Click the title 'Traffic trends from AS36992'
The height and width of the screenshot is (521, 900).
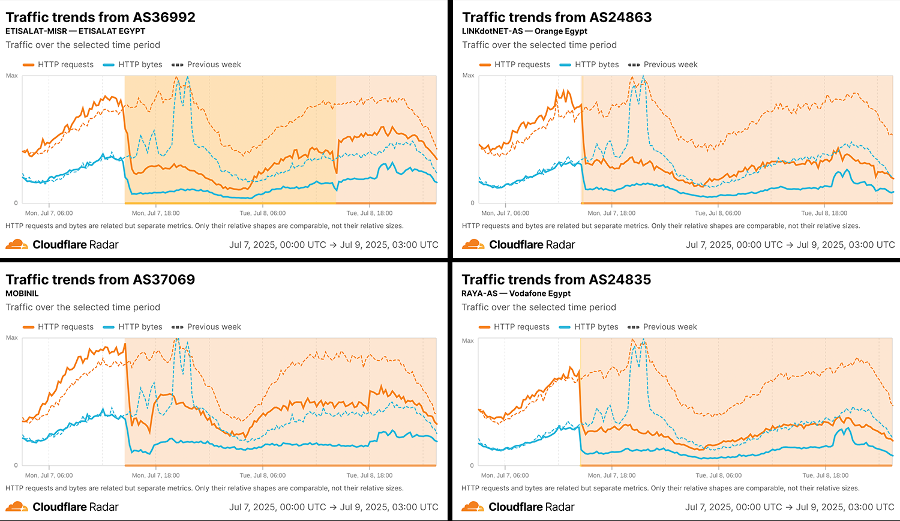point(100,17)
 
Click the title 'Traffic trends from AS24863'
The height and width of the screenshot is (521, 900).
point(557,17)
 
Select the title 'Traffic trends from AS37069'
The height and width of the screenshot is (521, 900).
point(100,280)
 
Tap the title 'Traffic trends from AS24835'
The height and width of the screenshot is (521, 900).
point(556,280)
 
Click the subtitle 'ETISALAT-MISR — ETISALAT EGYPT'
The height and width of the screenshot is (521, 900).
point(76,31)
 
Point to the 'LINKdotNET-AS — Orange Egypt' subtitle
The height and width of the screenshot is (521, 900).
point(524,31)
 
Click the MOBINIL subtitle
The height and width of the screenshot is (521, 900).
point(22,294)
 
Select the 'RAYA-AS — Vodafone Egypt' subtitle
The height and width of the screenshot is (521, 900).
point(516,294)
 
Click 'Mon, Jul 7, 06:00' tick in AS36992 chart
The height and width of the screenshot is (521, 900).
point(49,213)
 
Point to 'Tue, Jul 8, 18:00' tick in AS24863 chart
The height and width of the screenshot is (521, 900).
point(824,213)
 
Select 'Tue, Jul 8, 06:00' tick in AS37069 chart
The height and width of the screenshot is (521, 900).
point(262,475)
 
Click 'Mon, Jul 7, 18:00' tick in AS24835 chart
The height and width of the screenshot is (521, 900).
point(611,475)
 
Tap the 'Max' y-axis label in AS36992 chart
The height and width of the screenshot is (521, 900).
point(12,76)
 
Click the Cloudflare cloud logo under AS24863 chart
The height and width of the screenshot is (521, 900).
point(473,244)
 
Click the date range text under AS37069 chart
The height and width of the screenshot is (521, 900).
point(334,507)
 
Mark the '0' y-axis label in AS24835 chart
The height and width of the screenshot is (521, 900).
point(472,465)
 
